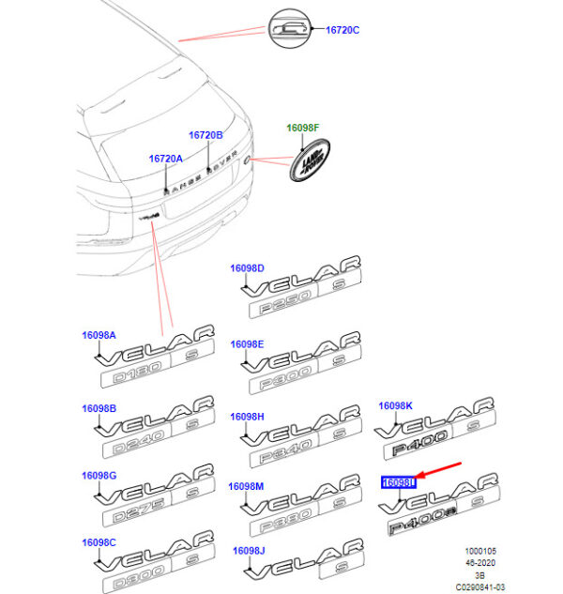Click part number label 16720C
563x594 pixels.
(342, 30)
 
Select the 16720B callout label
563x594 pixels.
(205, 135)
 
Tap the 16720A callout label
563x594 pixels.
(165, 159)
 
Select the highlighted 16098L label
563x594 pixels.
(397, 483)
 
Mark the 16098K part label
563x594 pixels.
(395, 405)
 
